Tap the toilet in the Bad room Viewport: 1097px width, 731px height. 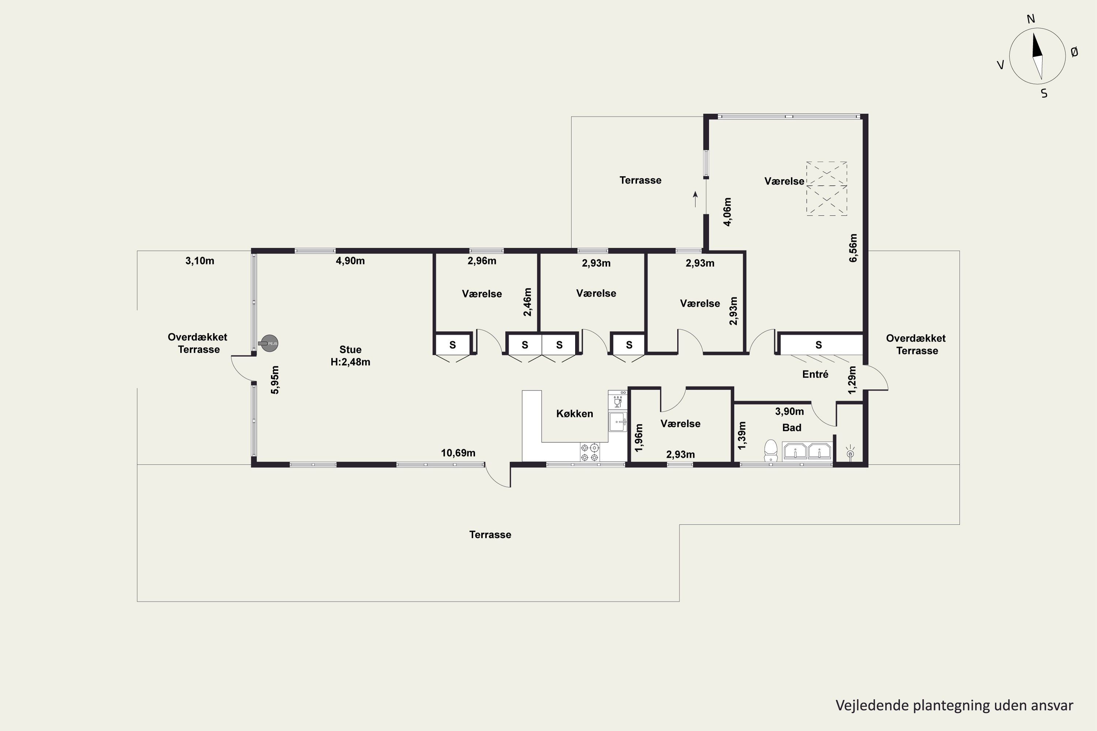(x=770, y=450)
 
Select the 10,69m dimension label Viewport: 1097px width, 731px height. (x=458, y=453)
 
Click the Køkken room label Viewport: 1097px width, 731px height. (x=574, y=413)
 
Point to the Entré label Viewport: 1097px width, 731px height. (x=815, y=374)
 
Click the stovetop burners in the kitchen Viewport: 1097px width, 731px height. (x=590, y=452)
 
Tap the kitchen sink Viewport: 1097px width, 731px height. (x=618, y=421)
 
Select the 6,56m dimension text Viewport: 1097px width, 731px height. (x=853, y=248)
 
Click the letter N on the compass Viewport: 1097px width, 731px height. (x=1031, y=19)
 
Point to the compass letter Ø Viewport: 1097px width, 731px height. (x=1074, y=52)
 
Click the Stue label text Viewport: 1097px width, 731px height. (x=350, y=350)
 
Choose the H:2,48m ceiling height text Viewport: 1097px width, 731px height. (x=350, y=362)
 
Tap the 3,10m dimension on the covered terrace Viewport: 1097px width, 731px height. (x=200, y=261)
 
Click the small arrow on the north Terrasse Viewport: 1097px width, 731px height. (x=695, y=199)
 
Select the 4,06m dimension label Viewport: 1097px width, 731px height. (x=727, y=212)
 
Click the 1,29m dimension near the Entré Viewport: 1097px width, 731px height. (x=852, y=380)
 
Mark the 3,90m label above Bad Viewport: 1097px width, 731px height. (x=789, y=411)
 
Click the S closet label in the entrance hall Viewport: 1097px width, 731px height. (x=819, y=345)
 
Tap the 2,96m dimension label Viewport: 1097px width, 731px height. (x=482, y=261)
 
